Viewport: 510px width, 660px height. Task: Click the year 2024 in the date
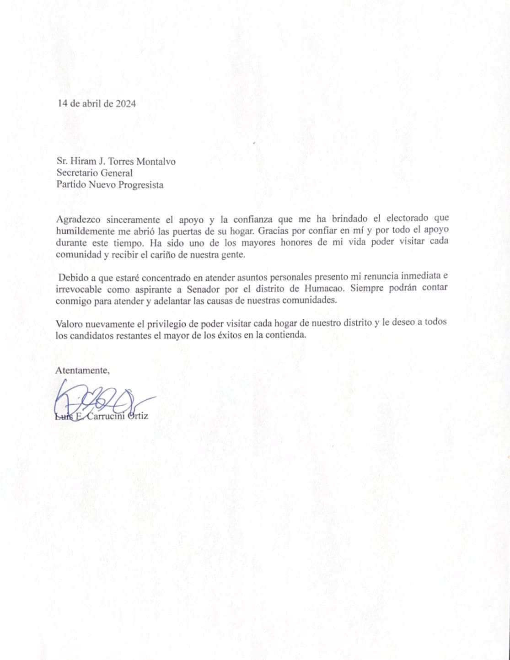(125, 104)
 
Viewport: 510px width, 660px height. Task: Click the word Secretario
(76, 173)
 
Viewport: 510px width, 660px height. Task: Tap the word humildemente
(86, 231)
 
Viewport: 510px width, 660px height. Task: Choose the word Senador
(204, 289)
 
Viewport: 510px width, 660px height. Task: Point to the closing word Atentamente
(82, 370)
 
